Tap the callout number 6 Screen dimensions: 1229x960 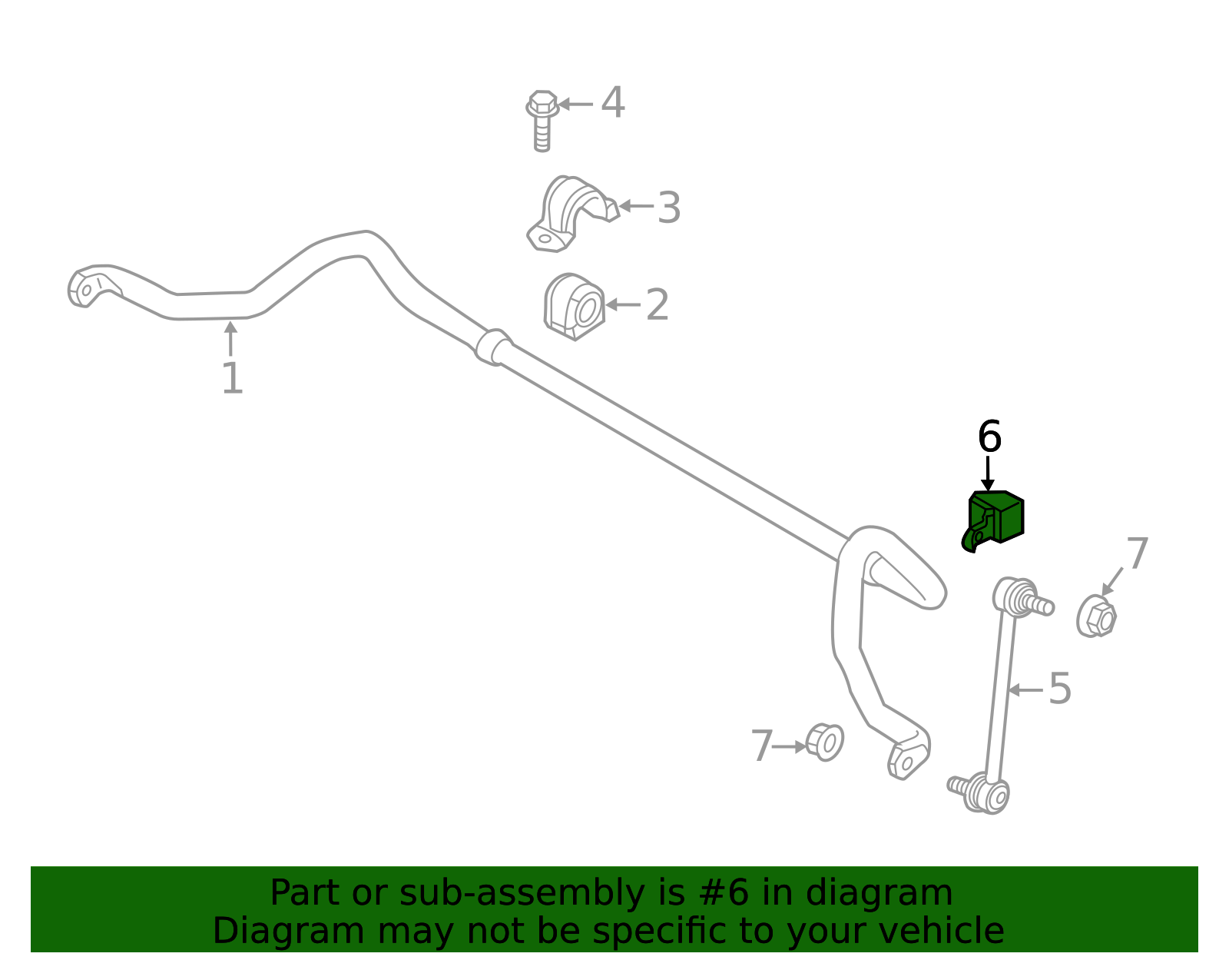pos(989,436)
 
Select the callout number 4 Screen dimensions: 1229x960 pos(612,102)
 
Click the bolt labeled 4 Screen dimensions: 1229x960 pos(542,121)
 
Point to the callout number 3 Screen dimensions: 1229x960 pos(669,208)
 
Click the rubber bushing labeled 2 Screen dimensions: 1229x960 pos(574,306)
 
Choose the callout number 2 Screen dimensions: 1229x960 pos(658,305)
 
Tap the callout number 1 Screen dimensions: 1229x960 pos(233,378)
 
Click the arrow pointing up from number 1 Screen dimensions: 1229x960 pos(230,338)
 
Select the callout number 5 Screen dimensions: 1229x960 pos(1060,689)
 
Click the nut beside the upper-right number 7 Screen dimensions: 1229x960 pos(1096,616)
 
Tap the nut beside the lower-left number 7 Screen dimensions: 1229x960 pos(824,742)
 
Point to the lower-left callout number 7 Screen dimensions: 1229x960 pos(761,746)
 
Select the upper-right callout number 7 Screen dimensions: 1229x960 pos(1138,553)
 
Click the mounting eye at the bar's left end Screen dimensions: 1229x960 pos(87,291)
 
